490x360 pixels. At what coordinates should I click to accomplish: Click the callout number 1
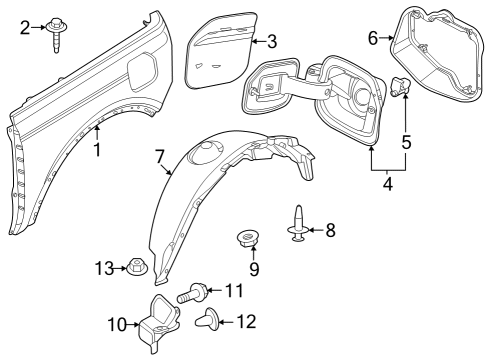click(97, 151)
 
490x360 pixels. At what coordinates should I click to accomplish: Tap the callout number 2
click(26, 27)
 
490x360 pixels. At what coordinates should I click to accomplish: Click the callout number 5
click(406, 142)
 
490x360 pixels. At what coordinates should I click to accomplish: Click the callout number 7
click(159, 156)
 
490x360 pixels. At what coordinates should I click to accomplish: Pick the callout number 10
click(116, 324)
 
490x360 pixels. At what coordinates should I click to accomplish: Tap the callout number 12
click(247, 321)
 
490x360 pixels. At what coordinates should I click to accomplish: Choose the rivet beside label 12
click(211, 320)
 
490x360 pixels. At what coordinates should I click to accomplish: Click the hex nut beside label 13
click(135, 266)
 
